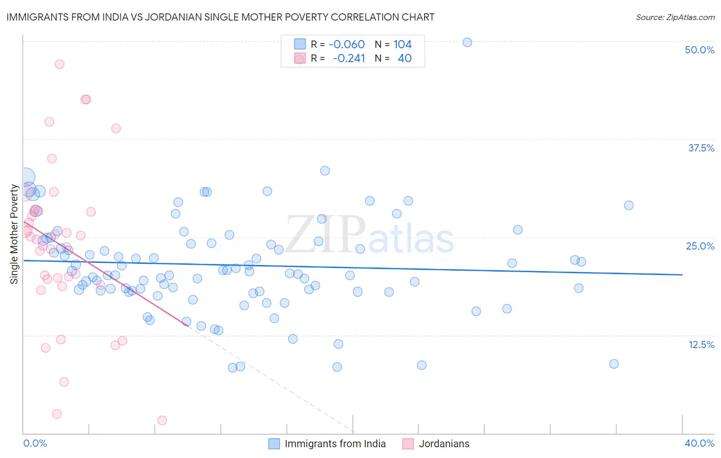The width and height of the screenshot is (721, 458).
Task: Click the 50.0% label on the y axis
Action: [699, 50]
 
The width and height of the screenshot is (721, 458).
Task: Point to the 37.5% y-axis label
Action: [701, 148]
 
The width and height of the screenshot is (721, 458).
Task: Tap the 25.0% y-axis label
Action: [700, 246]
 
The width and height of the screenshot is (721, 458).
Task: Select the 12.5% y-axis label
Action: [701, 345]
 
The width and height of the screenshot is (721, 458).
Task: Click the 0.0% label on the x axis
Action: [35, 443]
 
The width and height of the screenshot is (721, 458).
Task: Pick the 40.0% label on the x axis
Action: [699, 443]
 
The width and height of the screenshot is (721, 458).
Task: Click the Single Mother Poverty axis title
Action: [14, 234]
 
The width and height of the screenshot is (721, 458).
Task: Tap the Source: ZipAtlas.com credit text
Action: [675, 17]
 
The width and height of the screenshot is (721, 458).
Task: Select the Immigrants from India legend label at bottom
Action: [335, 444]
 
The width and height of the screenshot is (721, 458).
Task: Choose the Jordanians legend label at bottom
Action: [444, 444]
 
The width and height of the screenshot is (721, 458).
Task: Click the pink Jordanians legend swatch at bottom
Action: [408, 444]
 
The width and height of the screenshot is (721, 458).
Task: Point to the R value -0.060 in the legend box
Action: [347, 44]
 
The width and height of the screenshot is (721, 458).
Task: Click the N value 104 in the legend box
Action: [403, 44]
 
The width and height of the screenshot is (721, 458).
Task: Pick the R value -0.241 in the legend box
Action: [349, 58]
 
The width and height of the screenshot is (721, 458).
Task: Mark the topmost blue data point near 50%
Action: [467, 42]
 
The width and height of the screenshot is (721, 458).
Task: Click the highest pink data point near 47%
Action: [59, 64]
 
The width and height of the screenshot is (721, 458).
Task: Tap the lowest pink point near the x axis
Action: [162, 421]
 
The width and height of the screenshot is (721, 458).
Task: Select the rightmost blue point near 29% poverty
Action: [629, 205]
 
